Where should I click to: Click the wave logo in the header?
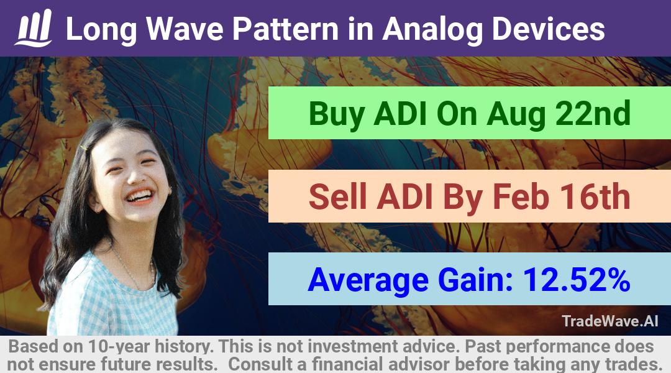[x=34, y=28]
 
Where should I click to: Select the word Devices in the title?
[x=548, y=29]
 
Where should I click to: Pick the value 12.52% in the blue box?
[x=577, y=280]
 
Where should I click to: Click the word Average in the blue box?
[x=368, y=281]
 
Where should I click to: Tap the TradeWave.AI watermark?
[x=610, y=321]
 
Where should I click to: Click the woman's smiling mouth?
[x=140, y=196]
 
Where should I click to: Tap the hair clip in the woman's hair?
[x=84, y=148]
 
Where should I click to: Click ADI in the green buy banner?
[x=401, y=113]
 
